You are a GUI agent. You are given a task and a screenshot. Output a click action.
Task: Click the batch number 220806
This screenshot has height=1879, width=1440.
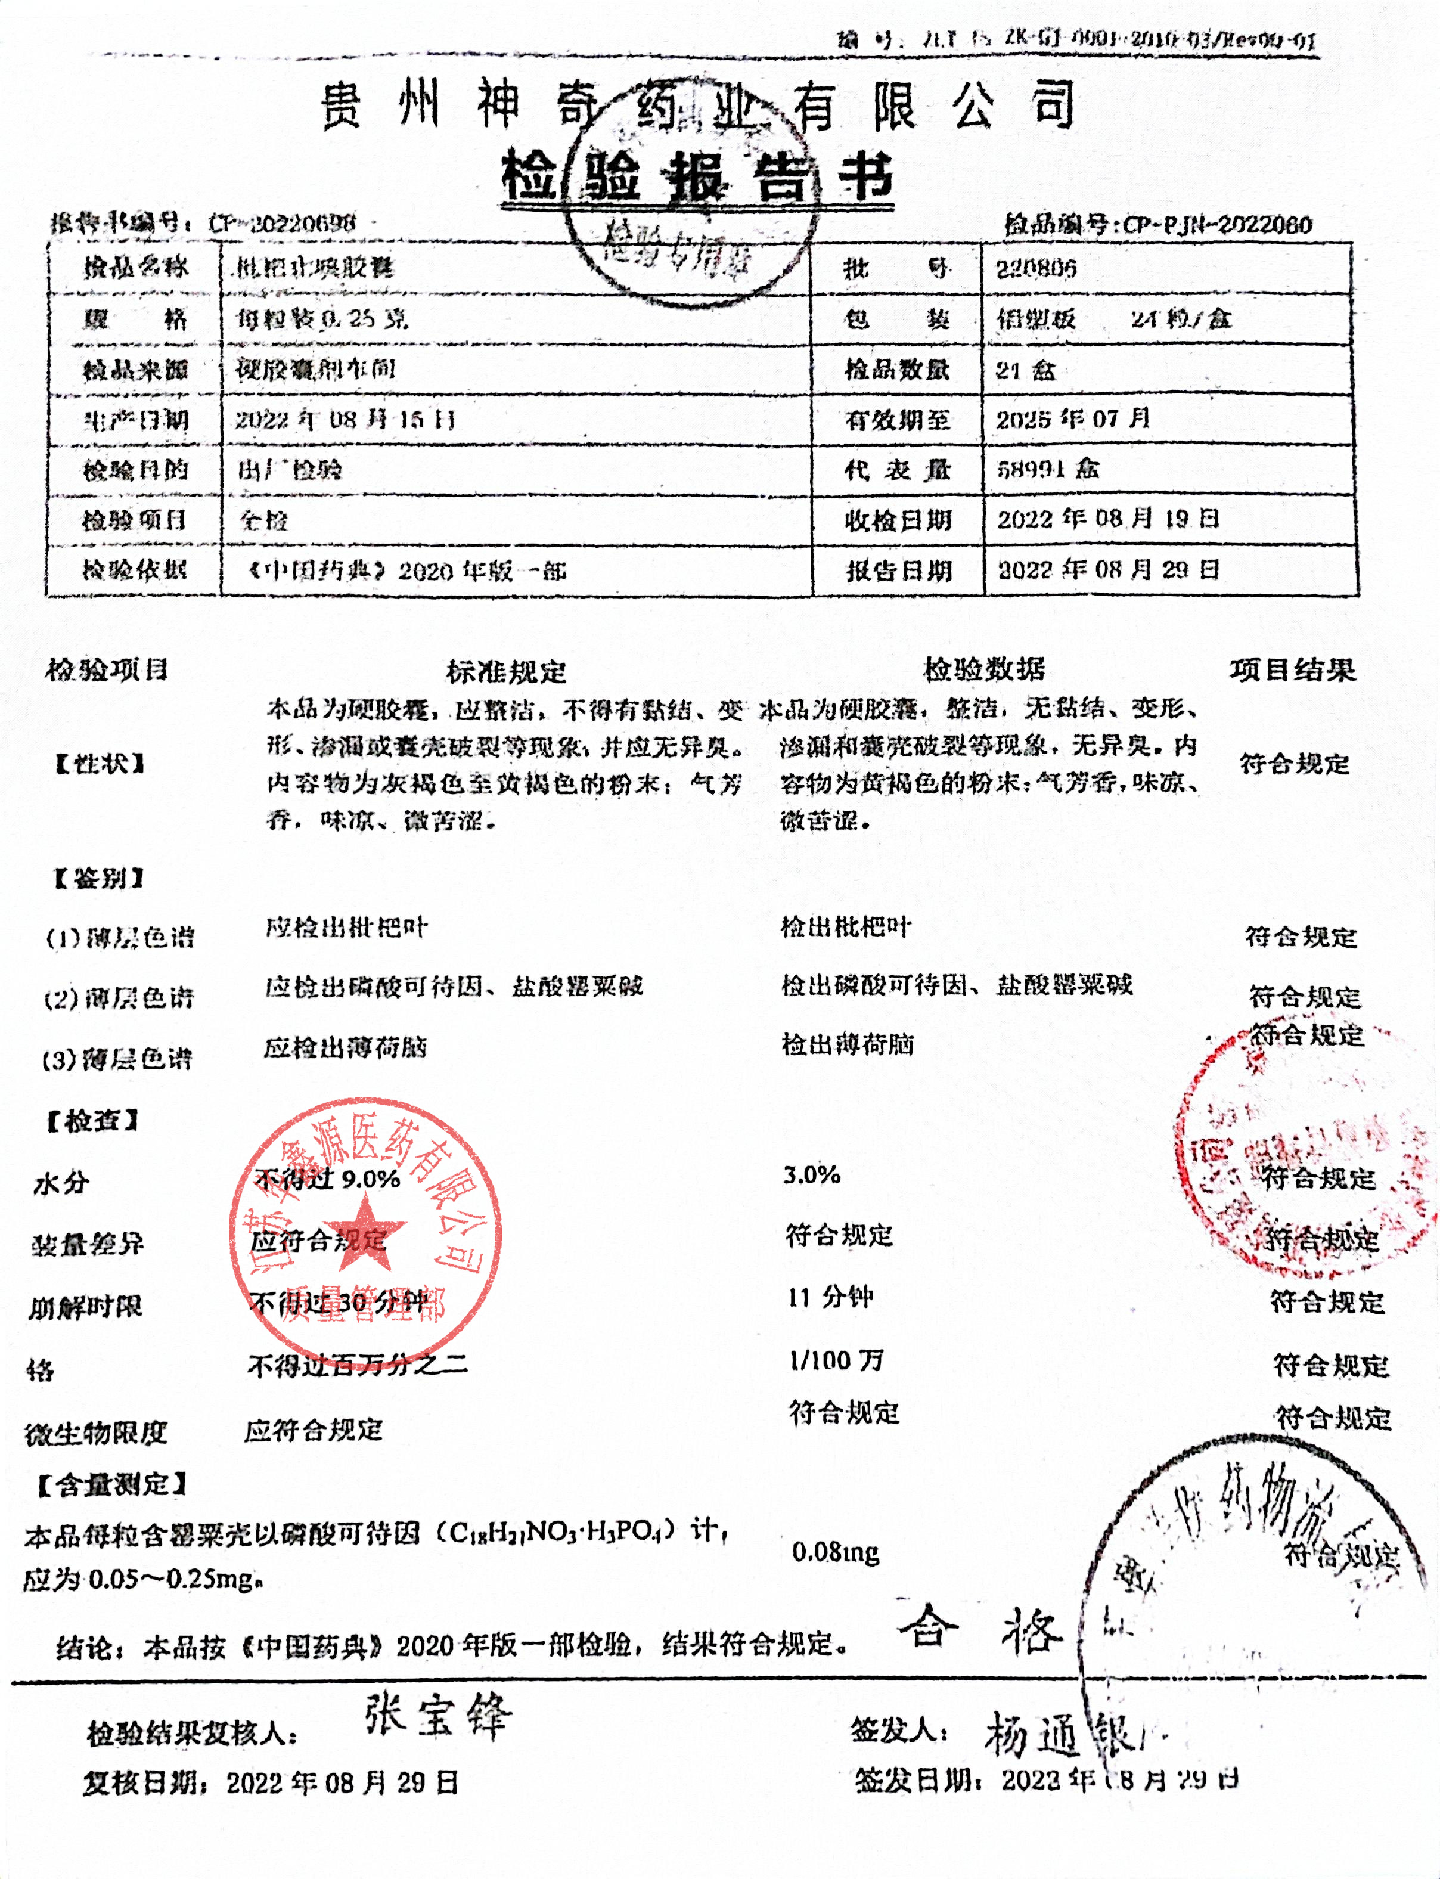[x=1035, y=270]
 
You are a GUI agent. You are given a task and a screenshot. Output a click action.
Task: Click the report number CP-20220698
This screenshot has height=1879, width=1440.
[x=282, y=224]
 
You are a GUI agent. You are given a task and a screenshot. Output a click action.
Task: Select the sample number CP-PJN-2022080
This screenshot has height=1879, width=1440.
[x=1216, y=225]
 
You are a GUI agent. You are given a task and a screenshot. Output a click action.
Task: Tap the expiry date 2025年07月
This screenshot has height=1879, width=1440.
[x=1072, y=419]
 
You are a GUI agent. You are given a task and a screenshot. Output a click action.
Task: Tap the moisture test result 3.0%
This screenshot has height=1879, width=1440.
[x=811, y=1174]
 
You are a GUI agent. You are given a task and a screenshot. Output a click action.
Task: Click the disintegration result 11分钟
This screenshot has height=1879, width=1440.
[x=830, y=1297]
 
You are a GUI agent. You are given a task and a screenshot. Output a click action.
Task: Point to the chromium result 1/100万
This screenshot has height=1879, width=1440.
[x=836, y=1360]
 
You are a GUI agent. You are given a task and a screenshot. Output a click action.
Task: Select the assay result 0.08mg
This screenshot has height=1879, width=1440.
[x=835, y=1552]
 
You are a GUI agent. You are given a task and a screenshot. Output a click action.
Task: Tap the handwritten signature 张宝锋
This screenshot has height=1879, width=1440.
[x=437, y=1715]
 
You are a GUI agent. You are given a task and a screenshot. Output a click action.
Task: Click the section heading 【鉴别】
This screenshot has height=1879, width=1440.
[x=98, y=878]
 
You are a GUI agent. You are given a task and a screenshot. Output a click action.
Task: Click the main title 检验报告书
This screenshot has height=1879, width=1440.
[x=696, y=178]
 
